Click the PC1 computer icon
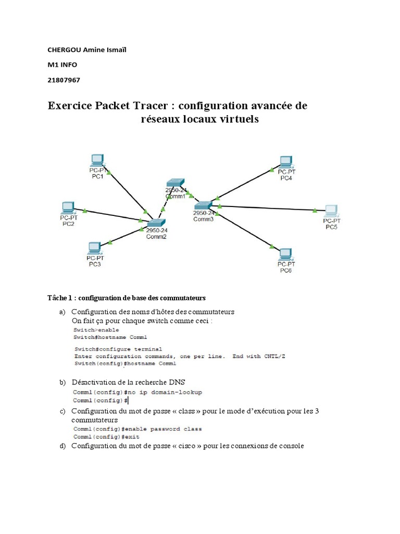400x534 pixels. tap(97, 160)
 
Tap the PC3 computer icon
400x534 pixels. tap(95, 247)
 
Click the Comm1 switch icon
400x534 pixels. tap(175, 183)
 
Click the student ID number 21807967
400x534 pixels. tap(64, 80)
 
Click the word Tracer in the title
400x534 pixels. tap(152, 106)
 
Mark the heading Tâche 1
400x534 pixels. tap(58, 298)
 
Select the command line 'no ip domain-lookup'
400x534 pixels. tap(137, 392)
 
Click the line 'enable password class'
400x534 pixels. tap(137, 429)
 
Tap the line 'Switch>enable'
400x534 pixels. tap(96, 330)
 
